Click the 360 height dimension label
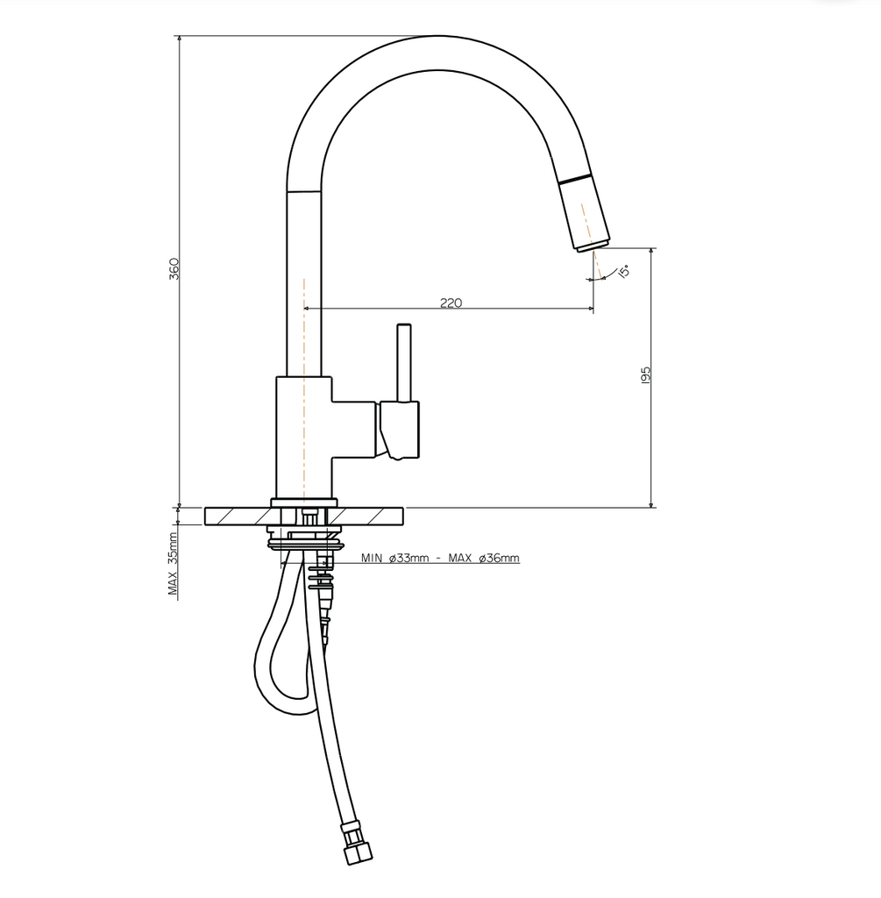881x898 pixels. pyautogui.click(x=174, y=268)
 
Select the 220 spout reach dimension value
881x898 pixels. pyautogui.click(x=450, y=303)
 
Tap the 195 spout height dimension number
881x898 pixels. pyautogui.click(x=645, y=374)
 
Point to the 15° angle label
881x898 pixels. pyautogui.click(x=623, y=272)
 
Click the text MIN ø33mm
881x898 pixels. pyautogui.click(x=394, y=558)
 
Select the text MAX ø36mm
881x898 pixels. pyautogui.click(x=484, y=558)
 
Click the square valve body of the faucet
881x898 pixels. pyautogui.click(x=304, y=437)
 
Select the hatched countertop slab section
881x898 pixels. pyautogui.click(x=237, y=517)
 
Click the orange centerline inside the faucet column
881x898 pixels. pyautogui.click(x=303, y=386)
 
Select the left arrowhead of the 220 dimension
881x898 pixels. pyautogui.click(x=307, y=309)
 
